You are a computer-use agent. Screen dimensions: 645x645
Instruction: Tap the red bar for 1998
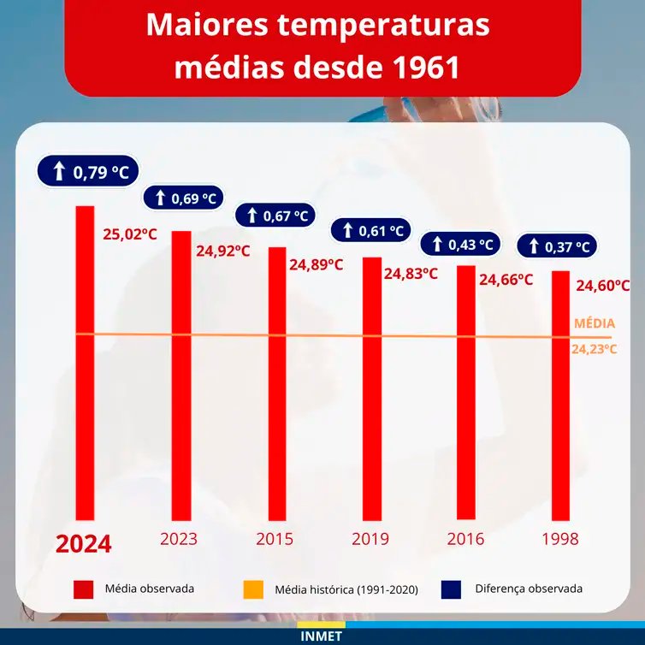[559, 395]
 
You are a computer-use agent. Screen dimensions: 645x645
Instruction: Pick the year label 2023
[178, 539]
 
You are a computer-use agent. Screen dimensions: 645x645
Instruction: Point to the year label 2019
[370, 539]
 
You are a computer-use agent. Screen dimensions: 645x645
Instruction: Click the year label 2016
[465, 539]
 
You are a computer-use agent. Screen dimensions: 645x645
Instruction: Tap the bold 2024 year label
[84, 544]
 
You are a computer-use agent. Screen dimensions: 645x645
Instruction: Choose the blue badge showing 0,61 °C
[370, 230]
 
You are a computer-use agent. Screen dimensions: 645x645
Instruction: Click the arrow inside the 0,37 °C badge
[534, 246]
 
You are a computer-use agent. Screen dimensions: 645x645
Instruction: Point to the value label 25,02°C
[130, 234]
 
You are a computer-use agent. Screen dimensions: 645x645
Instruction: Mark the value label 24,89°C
[316, 264]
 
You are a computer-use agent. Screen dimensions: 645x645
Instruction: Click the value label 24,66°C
[506, 279]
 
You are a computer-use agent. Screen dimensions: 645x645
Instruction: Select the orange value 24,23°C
[595, 348]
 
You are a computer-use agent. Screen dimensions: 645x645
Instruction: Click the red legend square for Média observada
[83, 589]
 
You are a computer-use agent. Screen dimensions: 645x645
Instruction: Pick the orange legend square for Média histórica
[252, 589]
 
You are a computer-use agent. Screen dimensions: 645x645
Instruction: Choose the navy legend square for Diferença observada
[451, 589]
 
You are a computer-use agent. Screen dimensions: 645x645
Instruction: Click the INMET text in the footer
[322, 636]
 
